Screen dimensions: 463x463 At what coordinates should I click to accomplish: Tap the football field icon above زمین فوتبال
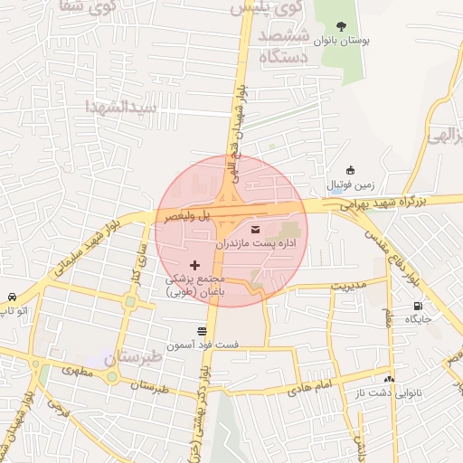(351, 170)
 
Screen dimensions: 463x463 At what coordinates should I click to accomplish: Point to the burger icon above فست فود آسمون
(202, 331)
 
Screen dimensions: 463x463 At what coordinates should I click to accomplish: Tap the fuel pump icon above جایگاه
(418, 306)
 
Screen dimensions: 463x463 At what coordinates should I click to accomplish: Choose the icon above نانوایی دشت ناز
(389, 379)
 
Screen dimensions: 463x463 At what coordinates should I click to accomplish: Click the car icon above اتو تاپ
(11, 298)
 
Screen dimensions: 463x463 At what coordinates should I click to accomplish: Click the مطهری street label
(76, 371)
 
